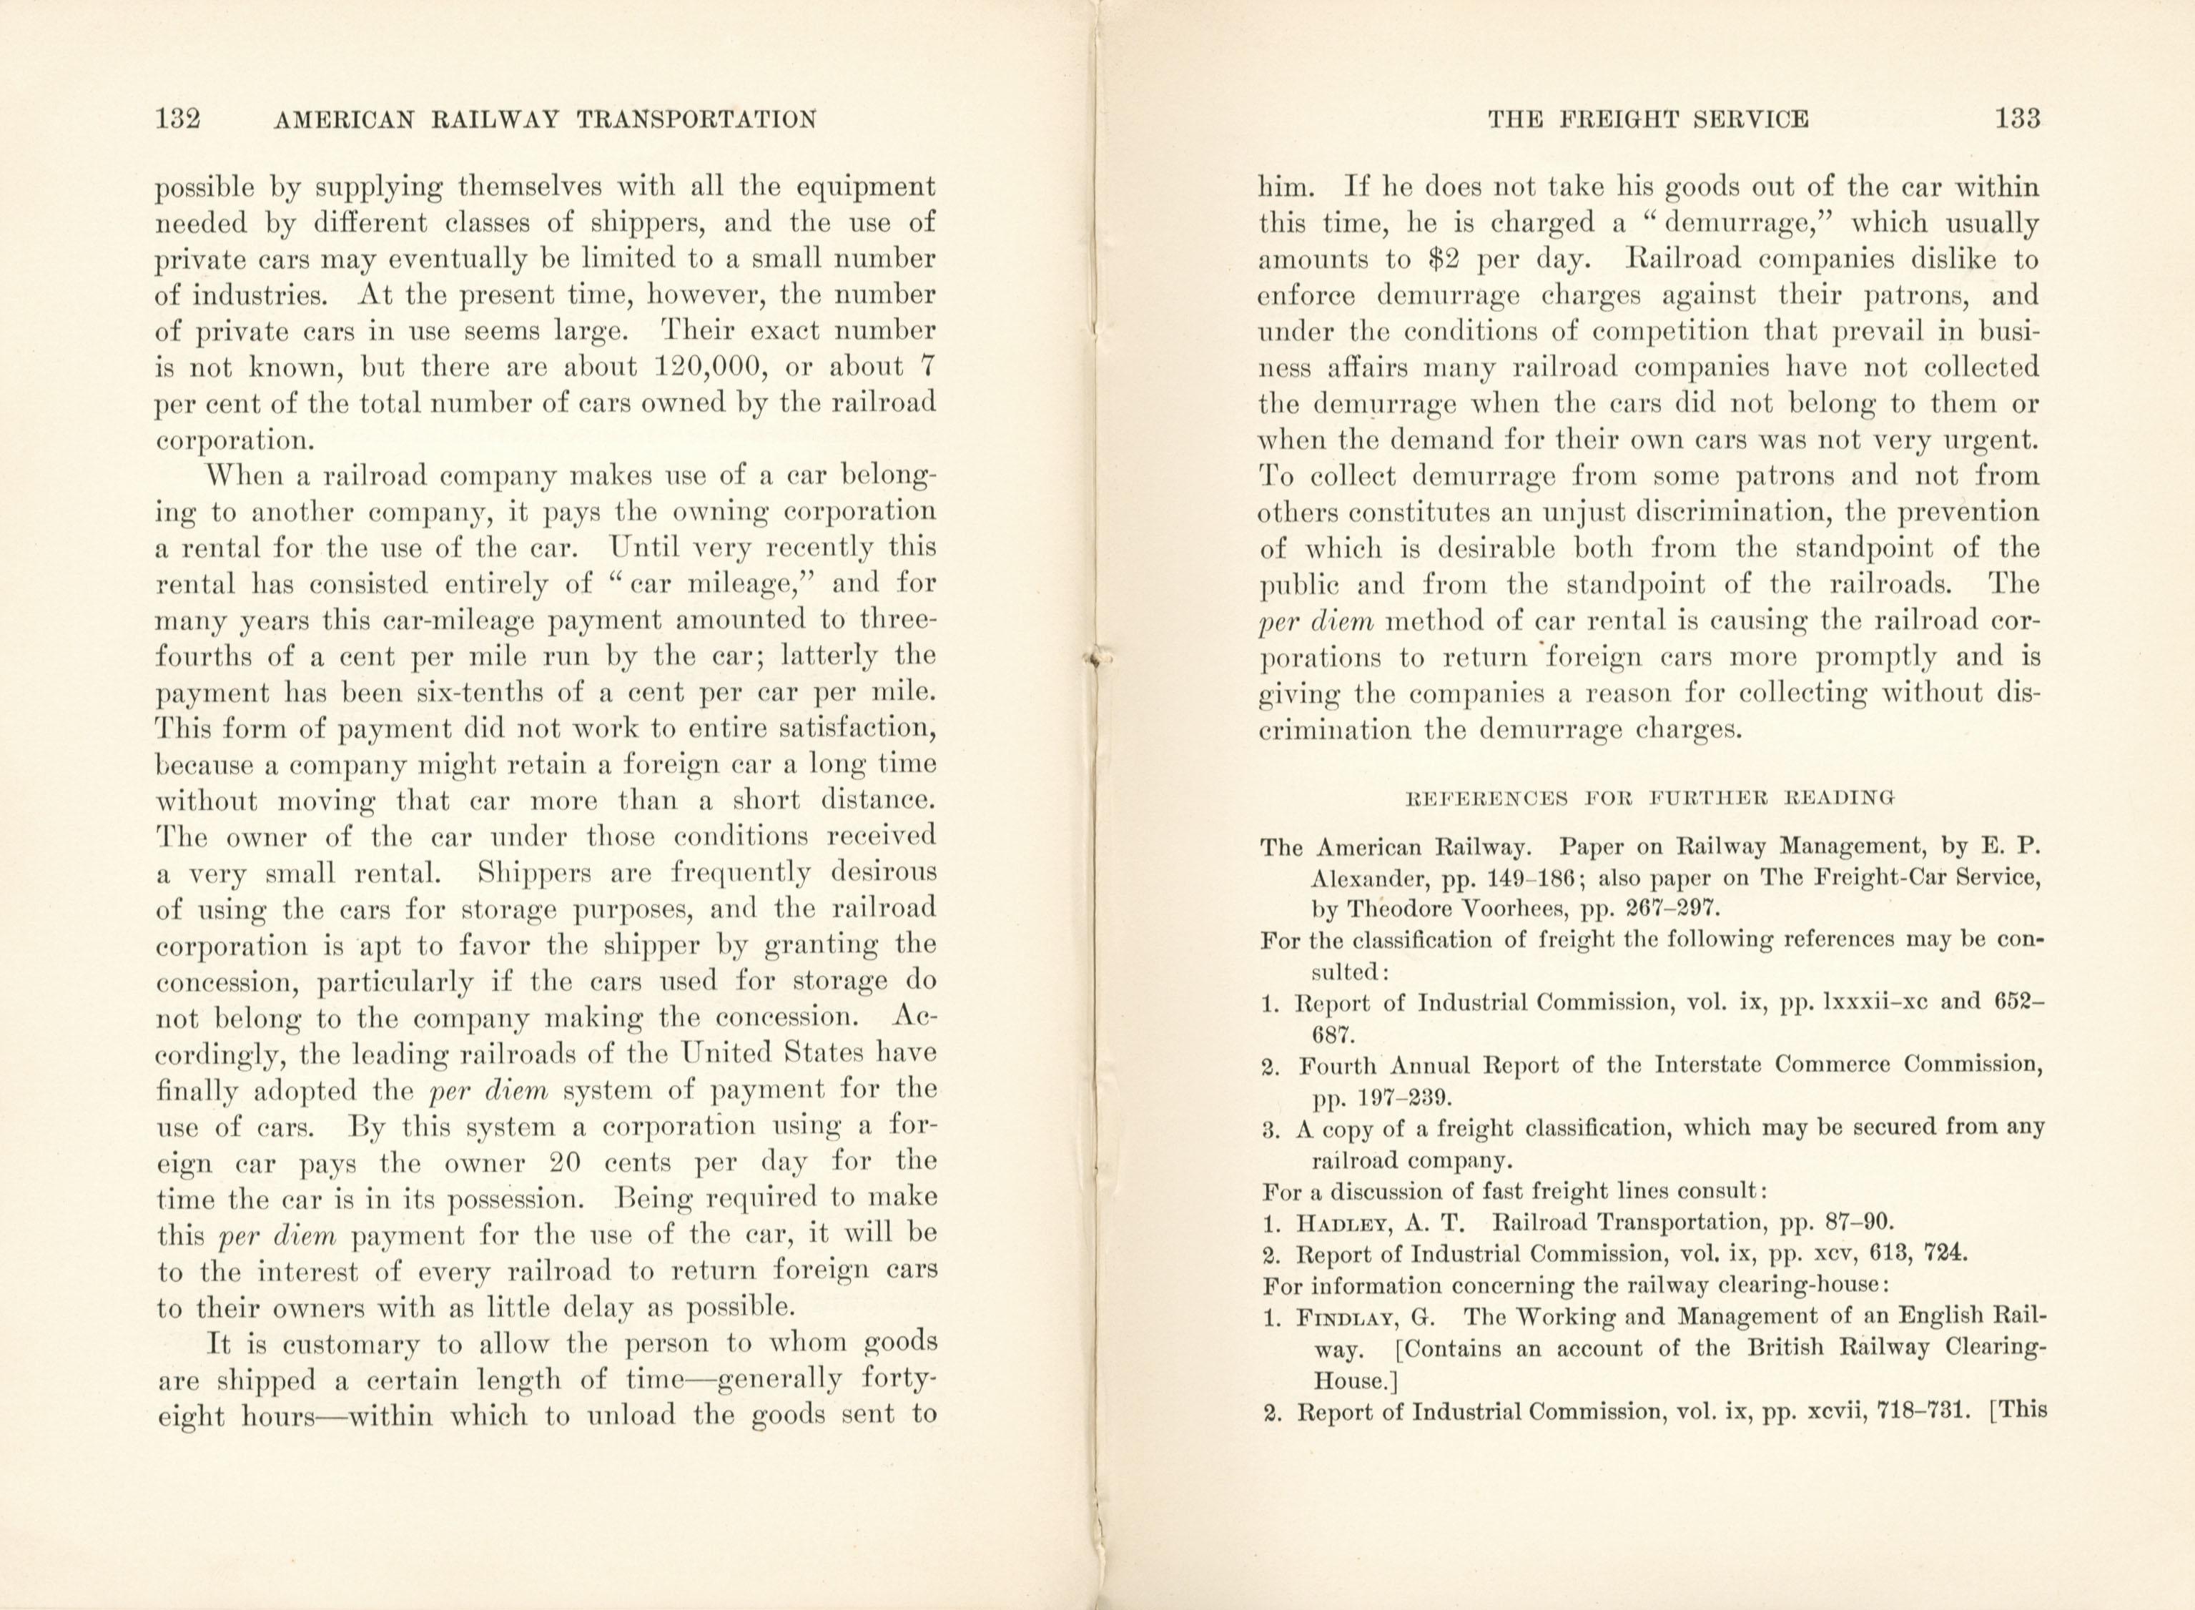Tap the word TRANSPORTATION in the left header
(697, 120)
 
